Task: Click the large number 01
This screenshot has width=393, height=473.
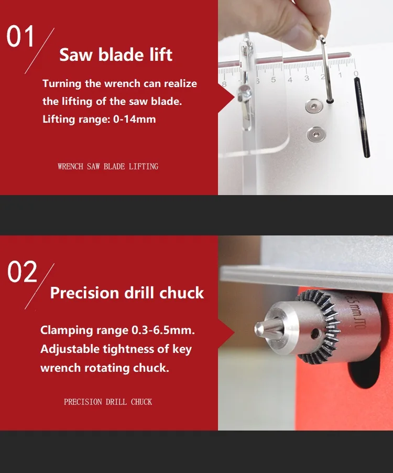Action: pyautogui.click(x=20, y=36)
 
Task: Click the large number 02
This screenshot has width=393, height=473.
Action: pyautogui.click(x=23, y=272)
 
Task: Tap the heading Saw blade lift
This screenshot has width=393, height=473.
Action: pyautogui.click(x=116, y=55)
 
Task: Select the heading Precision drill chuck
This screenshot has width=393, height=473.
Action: pyautogui.click(x=127, y=293)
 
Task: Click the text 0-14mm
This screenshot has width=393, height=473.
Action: pyautogui.click(x=135, y=119)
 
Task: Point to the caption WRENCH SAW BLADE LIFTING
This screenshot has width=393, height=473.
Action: pyautogui.click(x=108, y=167)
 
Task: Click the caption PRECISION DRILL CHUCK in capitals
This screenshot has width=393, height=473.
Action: pyautogui.click(x=108, y=402)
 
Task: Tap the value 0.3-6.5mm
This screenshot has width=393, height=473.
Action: pyautogui.click(x=163, y=330)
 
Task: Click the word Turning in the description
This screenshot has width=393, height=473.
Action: pyautogui.click(x=62, y=84)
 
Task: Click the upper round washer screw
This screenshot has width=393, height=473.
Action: pyautogui.click(x=314, y=106)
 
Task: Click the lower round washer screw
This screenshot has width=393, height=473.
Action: pyautogui.click(x=315, y=134)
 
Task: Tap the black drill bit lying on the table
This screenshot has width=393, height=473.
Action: pyautogui.click(x=362, y=117)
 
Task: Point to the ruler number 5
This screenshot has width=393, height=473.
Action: pyautogui.click(x=273, y=80)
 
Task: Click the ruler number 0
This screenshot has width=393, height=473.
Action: pyautogui.click(x=356, y=73)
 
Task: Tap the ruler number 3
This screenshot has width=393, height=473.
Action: pyautogui.click(x=307, y=78)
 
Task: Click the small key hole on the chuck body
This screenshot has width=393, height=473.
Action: pyautogui.click(x=315, y=334)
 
